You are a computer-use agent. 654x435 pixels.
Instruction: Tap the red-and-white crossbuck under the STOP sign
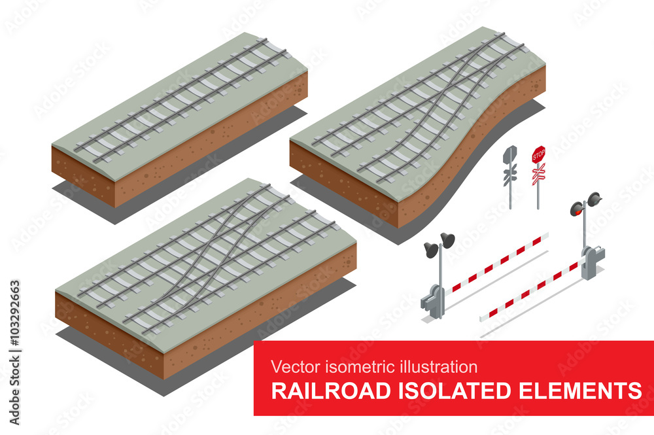[x=538, y=173]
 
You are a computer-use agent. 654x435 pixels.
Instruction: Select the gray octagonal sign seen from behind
[x=510, y=155]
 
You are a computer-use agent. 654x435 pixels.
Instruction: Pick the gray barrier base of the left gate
[x=433, y=300]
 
